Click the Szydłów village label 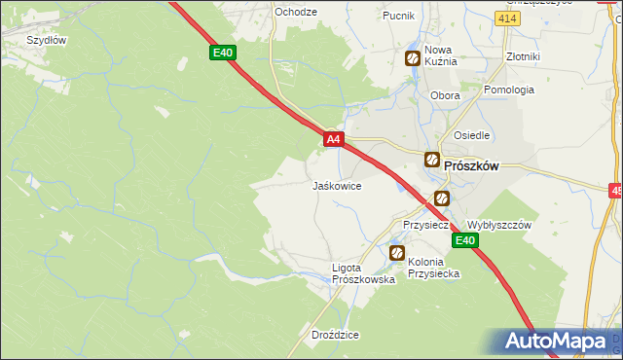click(46, 40)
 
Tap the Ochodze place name click(296, 12)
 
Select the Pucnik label click(398, 16)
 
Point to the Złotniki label click(523, 56)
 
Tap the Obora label click(445, 96)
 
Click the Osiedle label click(471, 135)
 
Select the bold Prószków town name click(471, 165)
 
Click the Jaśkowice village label click(337, 185)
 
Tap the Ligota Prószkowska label click(362, 273)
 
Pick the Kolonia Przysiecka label click(433, 268)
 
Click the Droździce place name click(335, 335)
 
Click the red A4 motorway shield click(333, 140)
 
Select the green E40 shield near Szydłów click(223, 53)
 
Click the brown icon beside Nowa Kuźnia click(413, 58)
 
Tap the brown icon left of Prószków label click(431, 160)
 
